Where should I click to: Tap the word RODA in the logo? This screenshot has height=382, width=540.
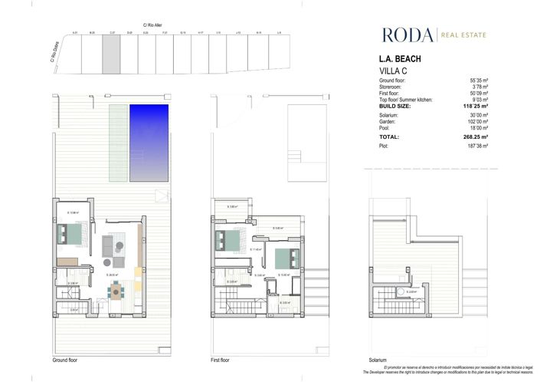pos(407,35)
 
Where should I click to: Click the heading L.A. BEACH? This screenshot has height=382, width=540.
pos(399,59)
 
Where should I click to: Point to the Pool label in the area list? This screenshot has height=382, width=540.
pos(385,127)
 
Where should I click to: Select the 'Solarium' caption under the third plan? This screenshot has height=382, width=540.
pos(377,360)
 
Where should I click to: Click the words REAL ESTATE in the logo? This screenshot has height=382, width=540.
pos(463,35)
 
